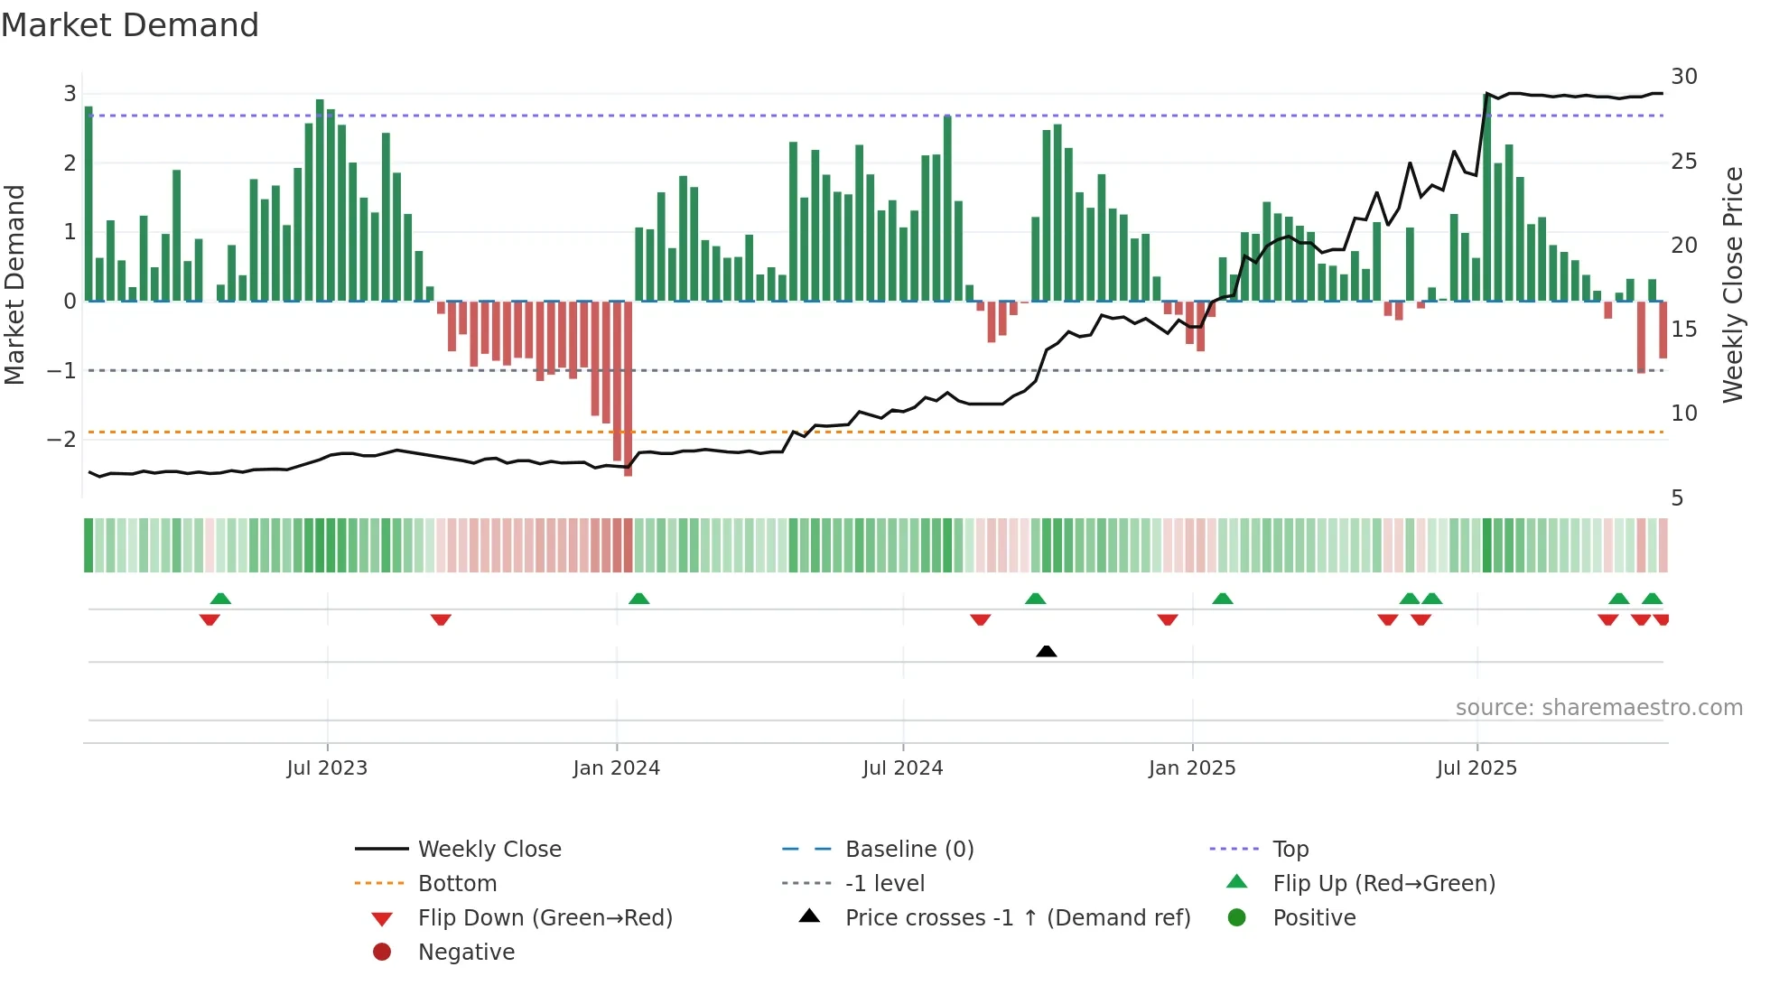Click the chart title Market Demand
click(130, 25)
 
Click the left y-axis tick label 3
click(70, 94)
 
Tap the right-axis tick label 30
click(1684, 77)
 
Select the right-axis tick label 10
click(1684, 414)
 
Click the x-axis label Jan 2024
click(617, 768)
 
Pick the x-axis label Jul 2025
click(1477, 768)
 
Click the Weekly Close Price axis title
click(1732, 284)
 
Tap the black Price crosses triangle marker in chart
click(1046, 651)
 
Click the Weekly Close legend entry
click(489, 850)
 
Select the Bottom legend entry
click(457, 884)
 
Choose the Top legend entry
click(1290, 850)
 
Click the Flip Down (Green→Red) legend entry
click(545, 918)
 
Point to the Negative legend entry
click(466, 953)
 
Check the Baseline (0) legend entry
click(908, 850)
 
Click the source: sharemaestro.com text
click(1598, 708)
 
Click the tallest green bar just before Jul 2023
click(320, 199)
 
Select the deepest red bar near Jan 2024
click(628, 388)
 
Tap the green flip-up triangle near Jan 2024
click(638, 599)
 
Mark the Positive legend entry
click(1314, 918)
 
